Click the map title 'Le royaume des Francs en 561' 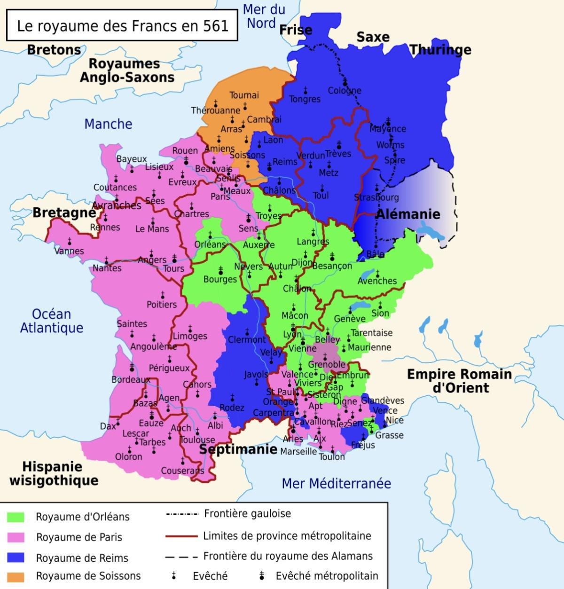122,25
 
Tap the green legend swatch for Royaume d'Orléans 16,517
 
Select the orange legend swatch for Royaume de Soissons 16,576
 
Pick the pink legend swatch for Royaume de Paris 16,537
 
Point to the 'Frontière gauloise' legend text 247,513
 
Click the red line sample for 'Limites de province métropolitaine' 181,536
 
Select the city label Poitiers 162,305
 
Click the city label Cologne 345,91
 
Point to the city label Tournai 244,95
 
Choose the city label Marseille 298,451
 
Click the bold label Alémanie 408,214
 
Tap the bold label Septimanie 238,449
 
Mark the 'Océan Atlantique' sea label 51,321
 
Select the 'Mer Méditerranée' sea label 336,483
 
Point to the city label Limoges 190,336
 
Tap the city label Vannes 69,251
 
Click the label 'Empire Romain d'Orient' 459,381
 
